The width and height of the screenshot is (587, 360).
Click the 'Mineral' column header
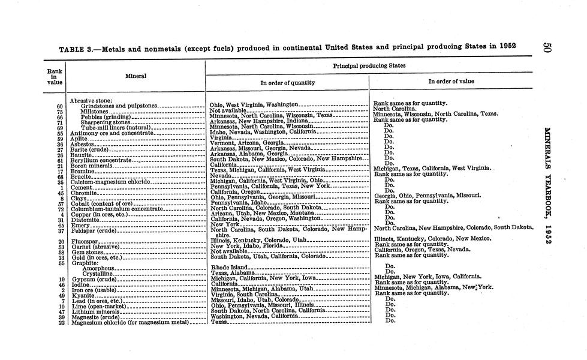(136, 76)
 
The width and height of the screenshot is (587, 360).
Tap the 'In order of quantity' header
(287, 82)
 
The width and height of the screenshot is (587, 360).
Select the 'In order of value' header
(451, 81)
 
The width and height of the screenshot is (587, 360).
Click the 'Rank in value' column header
(53, 76)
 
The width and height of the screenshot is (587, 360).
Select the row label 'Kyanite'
(81, 295)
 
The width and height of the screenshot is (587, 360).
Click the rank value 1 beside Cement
(62, 187)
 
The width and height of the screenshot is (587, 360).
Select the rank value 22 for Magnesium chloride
(61, 322)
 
